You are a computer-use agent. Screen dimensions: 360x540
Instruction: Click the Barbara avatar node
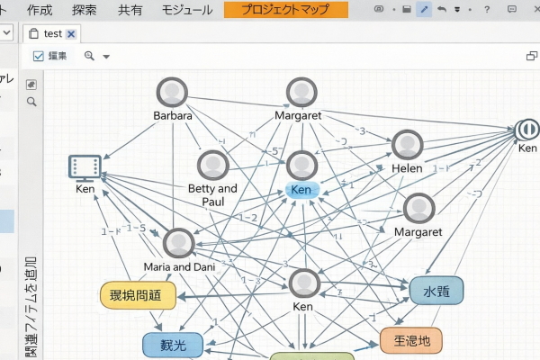click(172, 93)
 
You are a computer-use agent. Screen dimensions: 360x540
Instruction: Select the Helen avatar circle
click(407, 146)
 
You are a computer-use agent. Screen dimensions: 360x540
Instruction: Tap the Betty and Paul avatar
click(213, 166)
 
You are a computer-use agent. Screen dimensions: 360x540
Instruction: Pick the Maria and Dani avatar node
click(178, 243)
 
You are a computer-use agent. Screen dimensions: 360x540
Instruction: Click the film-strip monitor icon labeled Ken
click(85, 166)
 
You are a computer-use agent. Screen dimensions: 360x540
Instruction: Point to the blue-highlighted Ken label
click(301, 190)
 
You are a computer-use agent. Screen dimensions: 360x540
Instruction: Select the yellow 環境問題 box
click(136, 294)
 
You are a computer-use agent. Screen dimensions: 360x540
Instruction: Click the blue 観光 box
click(167, 345)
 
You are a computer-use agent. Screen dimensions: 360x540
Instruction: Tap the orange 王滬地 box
click(411, 341)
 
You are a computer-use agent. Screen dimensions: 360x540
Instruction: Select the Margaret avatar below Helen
click(418, 209)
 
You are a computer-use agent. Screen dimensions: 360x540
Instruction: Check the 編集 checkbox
click(39, 56)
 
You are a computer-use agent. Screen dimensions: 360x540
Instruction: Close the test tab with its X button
click(71, 33)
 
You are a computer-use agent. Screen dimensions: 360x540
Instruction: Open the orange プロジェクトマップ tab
click(285, 10)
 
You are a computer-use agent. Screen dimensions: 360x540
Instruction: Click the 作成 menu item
click(40, 10)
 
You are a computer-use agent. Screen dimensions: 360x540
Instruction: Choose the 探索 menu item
click(85, 10)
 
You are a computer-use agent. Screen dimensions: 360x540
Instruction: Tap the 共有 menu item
click(130, 10)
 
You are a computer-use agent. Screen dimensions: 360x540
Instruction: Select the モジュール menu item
click(186, 10)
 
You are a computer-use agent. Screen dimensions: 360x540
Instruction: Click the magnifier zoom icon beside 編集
click(89, 56)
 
